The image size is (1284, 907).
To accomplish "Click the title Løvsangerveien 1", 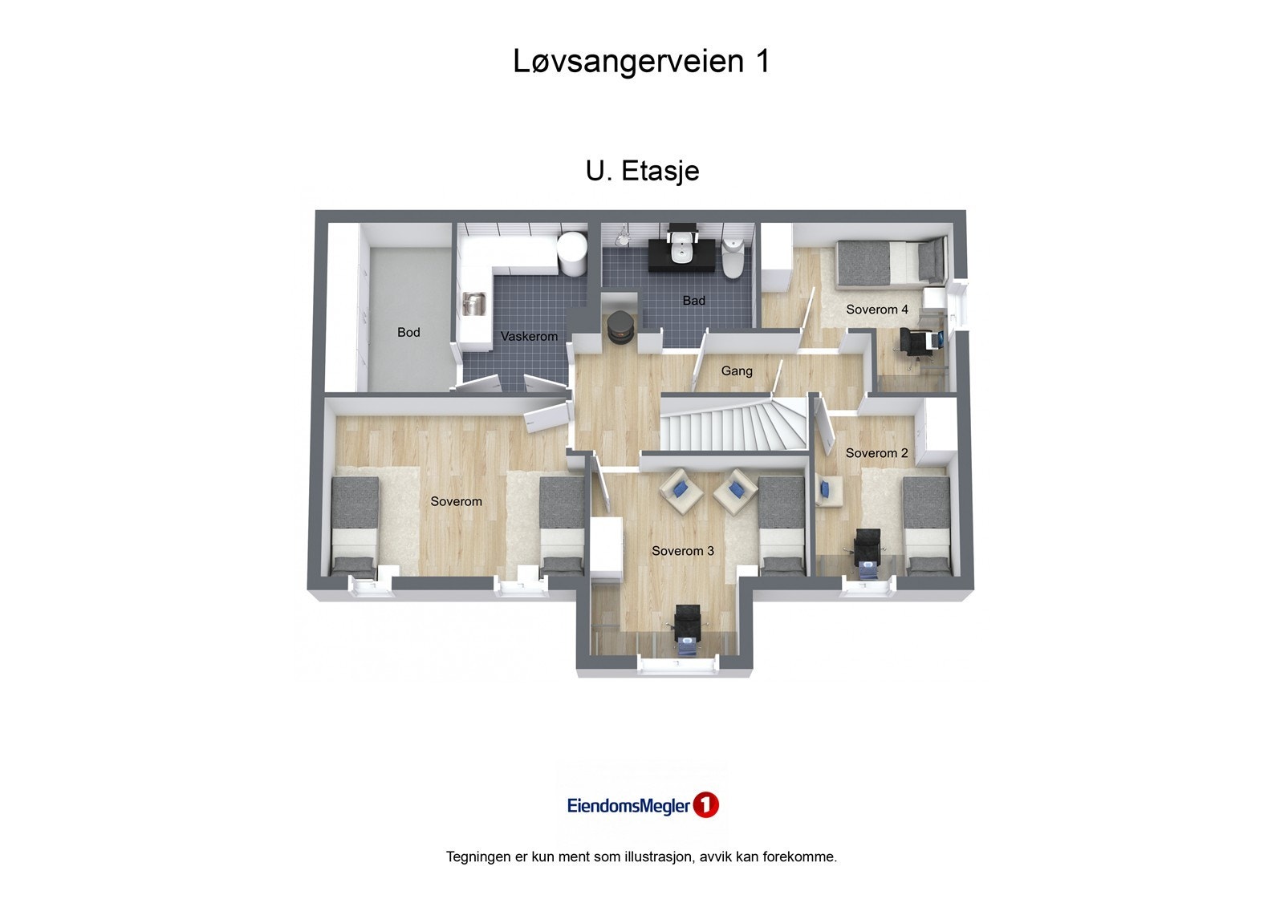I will click(x=641, y=62).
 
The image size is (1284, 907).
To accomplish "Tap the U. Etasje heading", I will click(x=642, y=171).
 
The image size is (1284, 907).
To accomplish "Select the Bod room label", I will click(x=408, y=332).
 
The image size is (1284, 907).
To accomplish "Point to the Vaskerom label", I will click(x=529, y=336).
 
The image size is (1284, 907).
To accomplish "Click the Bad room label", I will click(x=693, y=301).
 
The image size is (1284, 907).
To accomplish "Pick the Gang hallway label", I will click(x=736, y=370).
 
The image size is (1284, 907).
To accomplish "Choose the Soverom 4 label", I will click(x=876, y=310).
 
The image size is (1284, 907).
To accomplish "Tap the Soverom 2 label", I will click(x=876, y=453).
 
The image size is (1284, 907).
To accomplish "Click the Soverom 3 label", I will click(x=682, y=551).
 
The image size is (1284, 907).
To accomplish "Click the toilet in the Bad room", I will click(x=733, y=256).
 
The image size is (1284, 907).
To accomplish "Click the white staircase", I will click(x=733, y=425).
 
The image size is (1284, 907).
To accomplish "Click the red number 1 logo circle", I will click(x=705, y=805).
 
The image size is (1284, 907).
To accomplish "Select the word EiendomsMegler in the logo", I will click(x=628, y=806).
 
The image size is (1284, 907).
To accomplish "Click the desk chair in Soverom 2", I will click(x=868, y=550).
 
